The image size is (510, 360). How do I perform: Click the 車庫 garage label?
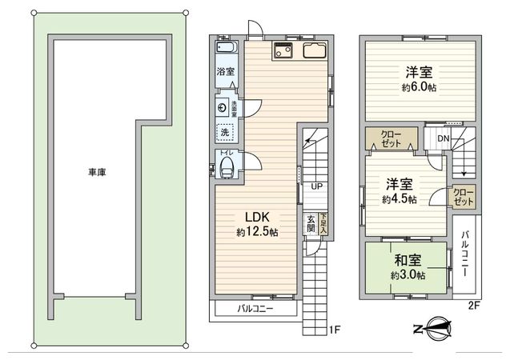click(98, 172)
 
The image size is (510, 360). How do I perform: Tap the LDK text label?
click(256, 217)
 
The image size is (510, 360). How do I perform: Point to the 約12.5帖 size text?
click(257, 232)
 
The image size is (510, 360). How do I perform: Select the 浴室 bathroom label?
click(226, 72)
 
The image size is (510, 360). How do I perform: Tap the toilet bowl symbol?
click(227, 167)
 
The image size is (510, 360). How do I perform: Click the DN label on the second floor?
click(444, 140)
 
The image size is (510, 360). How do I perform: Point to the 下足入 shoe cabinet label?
click(323, 223)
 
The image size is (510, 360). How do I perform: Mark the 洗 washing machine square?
click(225, 131)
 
